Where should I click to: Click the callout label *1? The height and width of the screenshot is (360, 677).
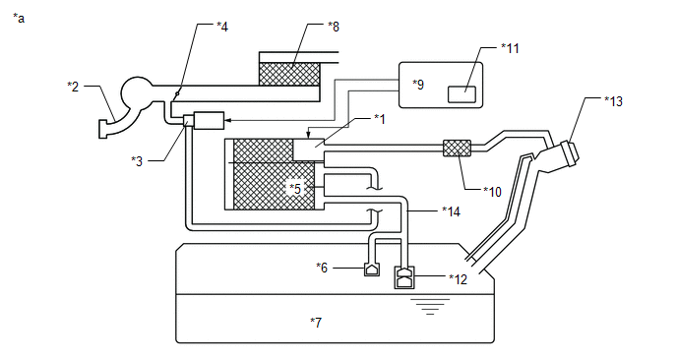point(380,119)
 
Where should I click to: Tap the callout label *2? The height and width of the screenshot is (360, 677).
point(73,87)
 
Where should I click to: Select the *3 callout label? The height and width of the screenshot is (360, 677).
point(137,161)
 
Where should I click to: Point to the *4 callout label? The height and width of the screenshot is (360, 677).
point(222,27)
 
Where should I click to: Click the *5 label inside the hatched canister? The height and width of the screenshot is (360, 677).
point(295,189)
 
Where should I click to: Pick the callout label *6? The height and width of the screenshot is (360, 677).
point(322,268)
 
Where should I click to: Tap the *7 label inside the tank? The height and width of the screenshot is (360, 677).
point(316,323)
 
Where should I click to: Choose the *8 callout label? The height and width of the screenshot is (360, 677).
point(334,27)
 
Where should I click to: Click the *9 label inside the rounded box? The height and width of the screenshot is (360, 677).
point(418,85)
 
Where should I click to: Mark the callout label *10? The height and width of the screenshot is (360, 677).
point(493,191)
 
